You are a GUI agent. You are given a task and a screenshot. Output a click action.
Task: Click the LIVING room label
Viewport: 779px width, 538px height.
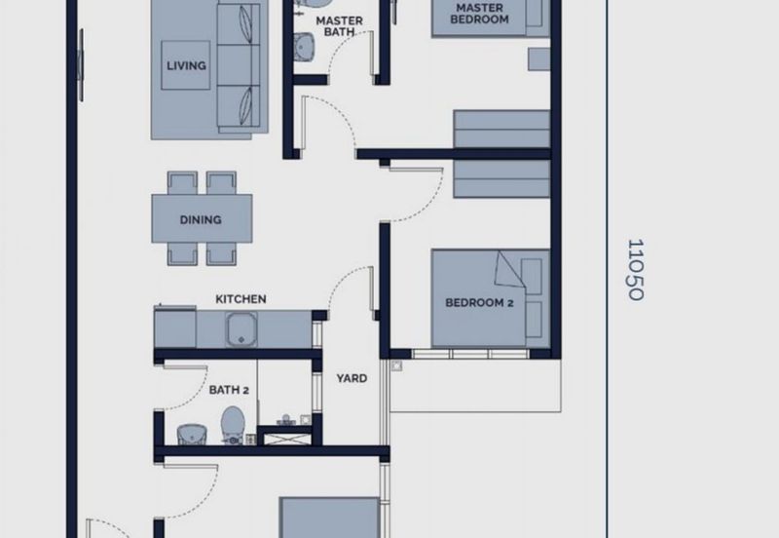click(x=186, y=65)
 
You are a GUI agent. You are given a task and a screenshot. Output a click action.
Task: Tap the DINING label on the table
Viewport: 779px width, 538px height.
click(x=201, y=219)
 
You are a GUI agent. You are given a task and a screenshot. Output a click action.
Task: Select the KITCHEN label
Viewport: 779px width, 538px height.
click(x=241, y=299)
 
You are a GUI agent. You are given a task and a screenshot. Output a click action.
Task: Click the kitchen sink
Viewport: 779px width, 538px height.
click(x=241, y=329)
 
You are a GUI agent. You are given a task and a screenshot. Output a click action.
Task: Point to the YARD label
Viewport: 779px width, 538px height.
click(x=352, y=378)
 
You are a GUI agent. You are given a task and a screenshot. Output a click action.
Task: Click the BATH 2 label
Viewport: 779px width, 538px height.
click(x=229, y=390)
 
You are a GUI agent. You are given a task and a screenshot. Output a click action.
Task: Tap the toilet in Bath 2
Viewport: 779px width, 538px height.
click(x=232, y=425)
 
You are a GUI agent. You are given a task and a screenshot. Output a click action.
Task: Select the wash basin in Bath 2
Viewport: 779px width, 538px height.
click(x=192, y=434)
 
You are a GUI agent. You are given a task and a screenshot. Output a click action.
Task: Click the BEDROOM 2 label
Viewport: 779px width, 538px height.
click(x=479, y=303)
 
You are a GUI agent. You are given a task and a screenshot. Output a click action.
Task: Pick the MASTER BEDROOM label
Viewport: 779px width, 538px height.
click(x=479, y=14)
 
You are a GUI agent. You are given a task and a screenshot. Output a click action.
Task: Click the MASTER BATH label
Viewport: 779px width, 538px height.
click(x=339, y=26)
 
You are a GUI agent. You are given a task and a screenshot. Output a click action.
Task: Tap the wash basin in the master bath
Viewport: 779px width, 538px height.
click(x=304, y=47)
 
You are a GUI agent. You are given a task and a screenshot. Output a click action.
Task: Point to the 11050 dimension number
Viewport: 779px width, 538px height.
click(x=636, y=270)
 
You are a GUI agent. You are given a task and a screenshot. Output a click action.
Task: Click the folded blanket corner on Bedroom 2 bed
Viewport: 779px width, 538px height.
click(x=508, y=270)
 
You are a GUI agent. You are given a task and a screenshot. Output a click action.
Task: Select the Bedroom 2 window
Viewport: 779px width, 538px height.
click(x=470, y=354)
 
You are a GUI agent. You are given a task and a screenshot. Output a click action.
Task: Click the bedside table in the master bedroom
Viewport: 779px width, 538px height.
click(x=538, y=59)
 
